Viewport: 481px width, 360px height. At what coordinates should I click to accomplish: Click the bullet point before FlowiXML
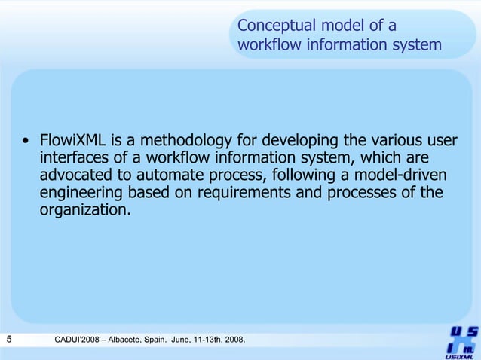pos(26,141)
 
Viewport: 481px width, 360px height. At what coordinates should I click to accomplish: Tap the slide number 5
pos(8,342)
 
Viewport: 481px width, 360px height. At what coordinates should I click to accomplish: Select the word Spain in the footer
pos(171,343)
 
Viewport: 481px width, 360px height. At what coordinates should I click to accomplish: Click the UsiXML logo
pos(459,341)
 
